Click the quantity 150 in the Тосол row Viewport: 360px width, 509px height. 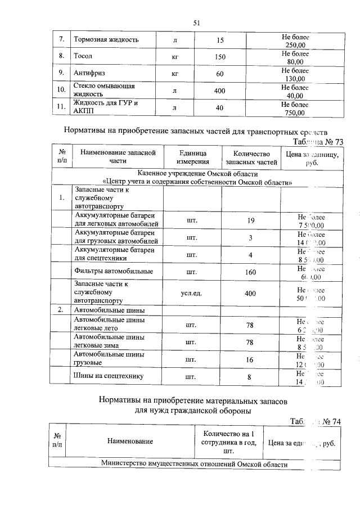220,57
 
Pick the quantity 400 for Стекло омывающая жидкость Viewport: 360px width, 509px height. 220,91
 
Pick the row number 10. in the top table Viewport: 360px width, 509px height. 60,91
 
